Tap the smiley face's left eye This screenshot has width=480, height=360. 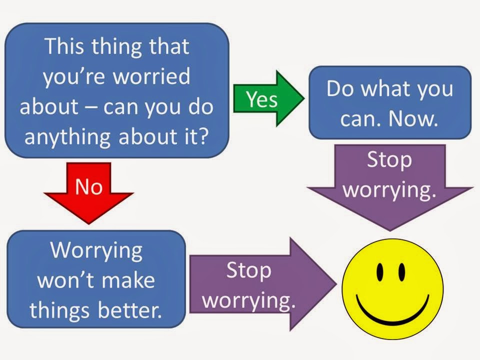coord(379,272)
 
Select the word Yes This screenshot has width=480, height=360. coord(261,99)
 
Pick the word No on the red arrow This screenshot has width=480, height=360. coord(88,186)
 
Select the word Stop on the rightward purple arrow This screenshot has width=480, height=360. coord(248,270)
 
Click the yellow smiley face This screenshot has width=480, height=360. coord(392,287)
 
